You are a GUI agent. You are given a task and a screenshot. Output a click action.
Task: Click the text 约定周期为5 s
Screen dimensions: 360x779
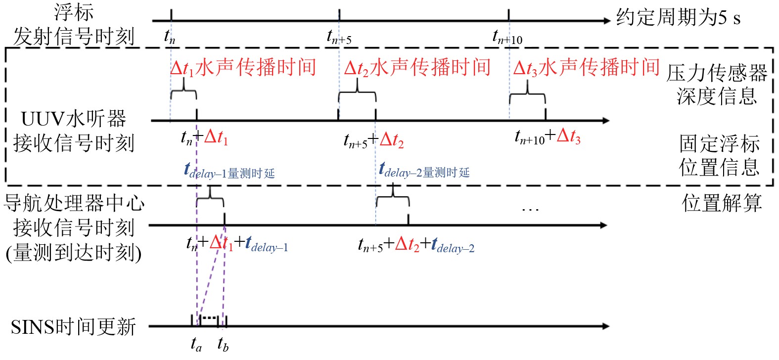[678, 18]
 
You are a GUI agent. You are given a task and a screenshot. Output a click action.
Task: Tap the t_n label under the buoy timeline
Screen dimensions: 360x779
[170, 36]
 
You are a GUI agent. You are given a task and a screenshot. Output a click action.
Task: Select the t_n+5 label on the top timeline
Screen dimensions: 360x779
[339, 37]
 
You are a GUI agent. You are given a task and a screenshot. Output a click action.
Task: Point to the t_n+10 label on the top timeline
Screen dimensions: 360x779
[507, 37]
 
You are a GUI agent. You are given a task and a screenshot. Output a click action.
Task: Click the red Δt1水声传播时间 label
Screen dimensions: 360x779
[243, 68]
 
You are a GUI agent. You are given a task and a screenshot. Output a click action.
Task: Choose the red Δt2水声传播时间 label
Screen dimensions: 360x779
[417, 68]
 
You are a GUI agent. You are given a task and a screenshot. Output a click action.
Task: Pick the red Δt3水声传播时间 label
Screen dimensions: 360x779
[586, 67]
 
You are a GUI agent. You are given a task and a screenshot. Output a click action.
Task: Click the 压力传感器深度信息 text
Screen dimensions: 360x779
[717, 84]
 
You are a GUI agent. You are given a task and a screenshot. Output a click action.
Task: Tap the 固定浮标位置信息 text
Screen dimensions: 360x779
[719, 155]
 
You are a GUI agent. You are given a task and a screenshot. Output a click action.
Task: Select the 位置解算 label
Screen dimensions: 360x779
[722, 203]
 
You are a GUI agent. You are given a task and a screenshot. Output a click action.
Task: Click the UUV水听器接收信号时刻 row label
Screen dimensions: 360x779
[73, 131]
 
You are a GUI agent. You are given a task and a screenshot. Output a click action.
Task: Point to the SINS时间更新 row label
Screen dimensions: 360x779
[73, 327]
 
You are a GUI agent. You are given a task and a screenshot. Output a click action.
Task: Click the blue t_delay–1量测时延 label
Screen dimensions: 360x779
[229, 171]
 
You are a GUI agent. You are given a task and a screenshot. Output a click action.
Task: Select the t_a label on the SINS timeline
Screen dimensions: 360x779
[196, 344]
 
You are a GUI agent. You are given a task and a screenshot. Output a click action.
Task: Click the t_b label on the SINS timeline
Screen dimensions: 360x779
[223, 344]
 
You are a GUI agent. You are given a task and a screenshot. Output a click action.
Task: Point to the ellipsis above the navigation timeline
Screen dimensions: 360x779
[530, 210]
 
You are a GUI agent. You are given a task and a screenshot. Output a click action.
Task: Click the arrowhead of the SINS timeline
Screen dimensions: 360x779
[605, 326]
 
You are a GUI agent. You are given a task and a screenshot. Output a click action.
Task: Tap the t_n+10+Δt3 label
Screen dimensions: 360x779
[548, 136]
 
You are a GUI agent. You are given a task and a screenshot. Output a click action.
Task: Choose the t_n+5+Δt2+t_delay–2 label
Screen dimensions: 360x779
[416, 245]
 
